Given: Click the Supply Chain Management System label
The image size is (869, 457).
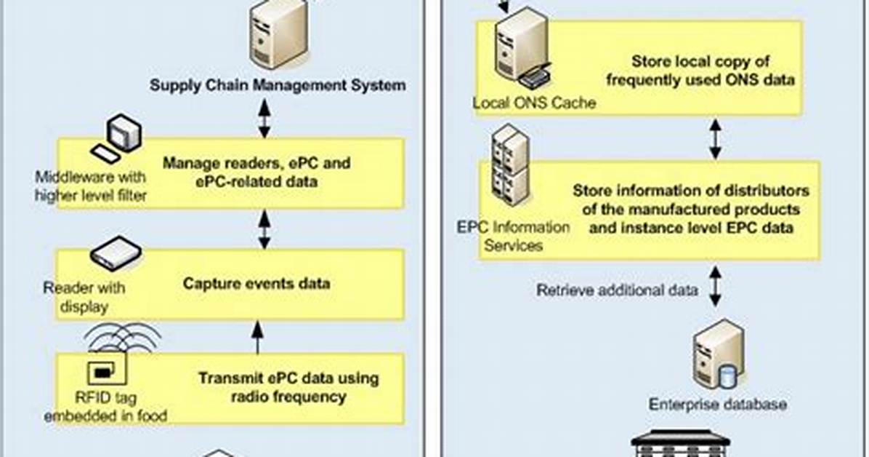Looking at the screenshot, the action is [x=278, y=85].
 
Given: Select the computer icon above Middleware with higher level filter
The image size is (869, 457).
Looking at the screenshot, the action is [x=117, y=138].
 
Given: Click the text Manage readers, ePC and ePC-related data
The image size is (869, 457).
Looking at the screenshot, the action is [x=256, y=172].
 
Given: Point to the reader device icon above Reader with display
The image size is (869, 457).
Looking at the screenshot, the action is [x=116, y=253].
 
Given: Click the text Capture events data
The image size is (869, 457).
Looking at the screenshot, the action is [x=256, y=283].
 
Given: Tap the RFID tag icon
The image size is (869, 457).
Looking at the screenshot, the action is [x=108, y=369].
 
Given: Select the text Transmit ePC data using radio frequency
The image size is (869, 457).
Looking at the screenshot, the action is [x=288, y=387].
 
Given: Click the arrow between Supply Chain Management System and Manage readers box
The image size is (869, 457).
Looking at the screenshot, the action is [x=264, y=118].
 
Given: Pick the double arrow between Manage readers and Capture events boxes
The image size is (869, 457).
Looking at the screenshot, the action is [x=264, y=229].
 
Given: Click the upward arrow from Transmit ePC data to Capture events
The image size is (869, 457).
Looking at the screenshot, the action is [x=257, y=338].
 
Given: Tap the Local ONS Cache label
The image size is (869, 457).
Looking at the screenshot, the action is [x=534, y=103].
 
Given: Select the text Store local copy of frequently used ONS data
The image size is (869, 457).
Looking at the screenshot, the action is [x=700, y=70].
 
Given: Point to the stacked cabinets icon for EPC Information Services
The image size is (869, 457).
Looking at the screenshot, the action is [x=510, y=165].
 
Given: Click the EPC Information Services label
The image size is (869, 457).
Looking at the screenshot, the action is [x=513, y=236].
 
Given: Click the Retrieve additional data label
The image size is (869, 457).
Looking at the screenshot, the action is [x=618, y=290].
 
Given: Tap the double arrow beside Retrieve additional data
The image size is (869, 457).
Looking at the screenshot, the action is [x=715, y=286].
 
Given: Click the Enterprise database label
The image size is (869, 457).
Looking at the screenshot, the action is [x=718, y=404].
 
